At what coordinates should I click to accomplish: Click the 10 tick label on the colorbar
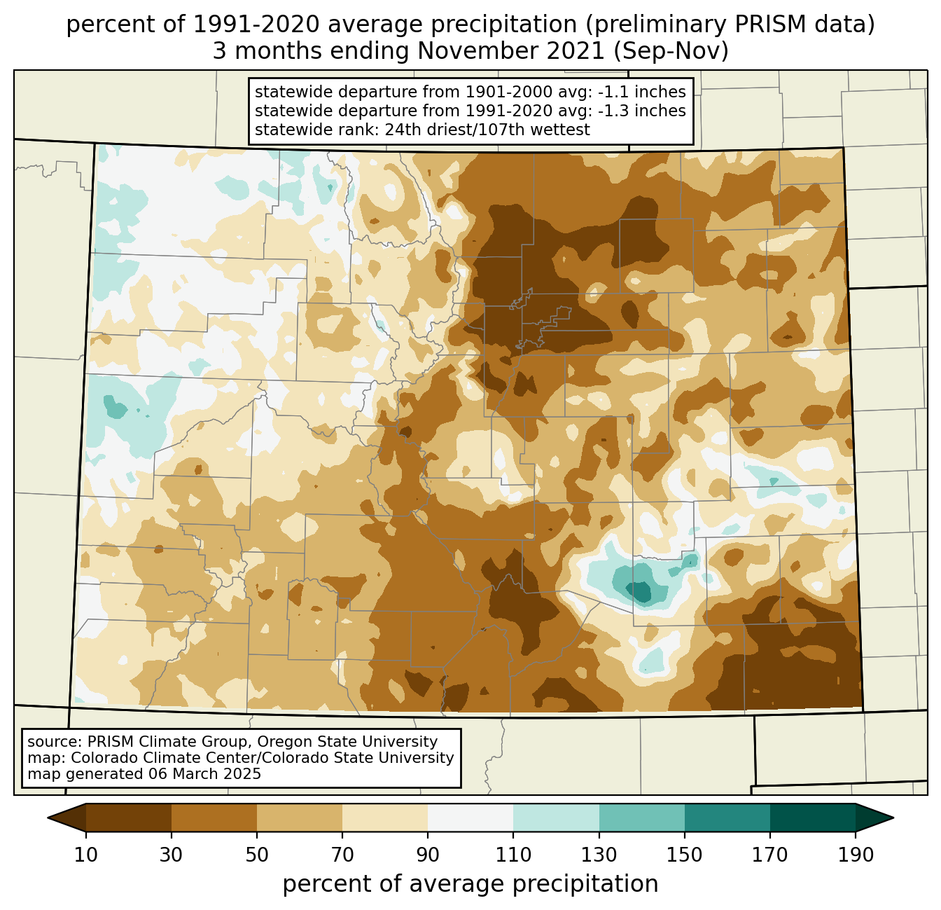[x=86, y=855]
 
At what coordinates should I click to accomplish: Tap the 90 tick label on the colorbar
[x=428, y=855]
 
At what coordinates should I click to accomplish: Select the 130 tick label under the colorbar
[x=599, y=855]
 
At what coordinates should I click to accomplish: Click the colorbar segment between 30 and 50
[x=214, y=818]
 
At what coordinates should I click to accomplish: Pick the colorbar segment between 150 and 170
[x=727, y=818]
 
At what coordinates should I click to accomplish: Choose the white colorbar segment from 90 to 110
[x=470, y=818]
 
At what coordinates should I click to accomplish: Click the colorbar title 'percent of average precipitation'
[x=470, y=884]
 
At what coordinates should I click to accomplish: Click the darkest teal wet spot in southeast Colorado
[x=641, y=592]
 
